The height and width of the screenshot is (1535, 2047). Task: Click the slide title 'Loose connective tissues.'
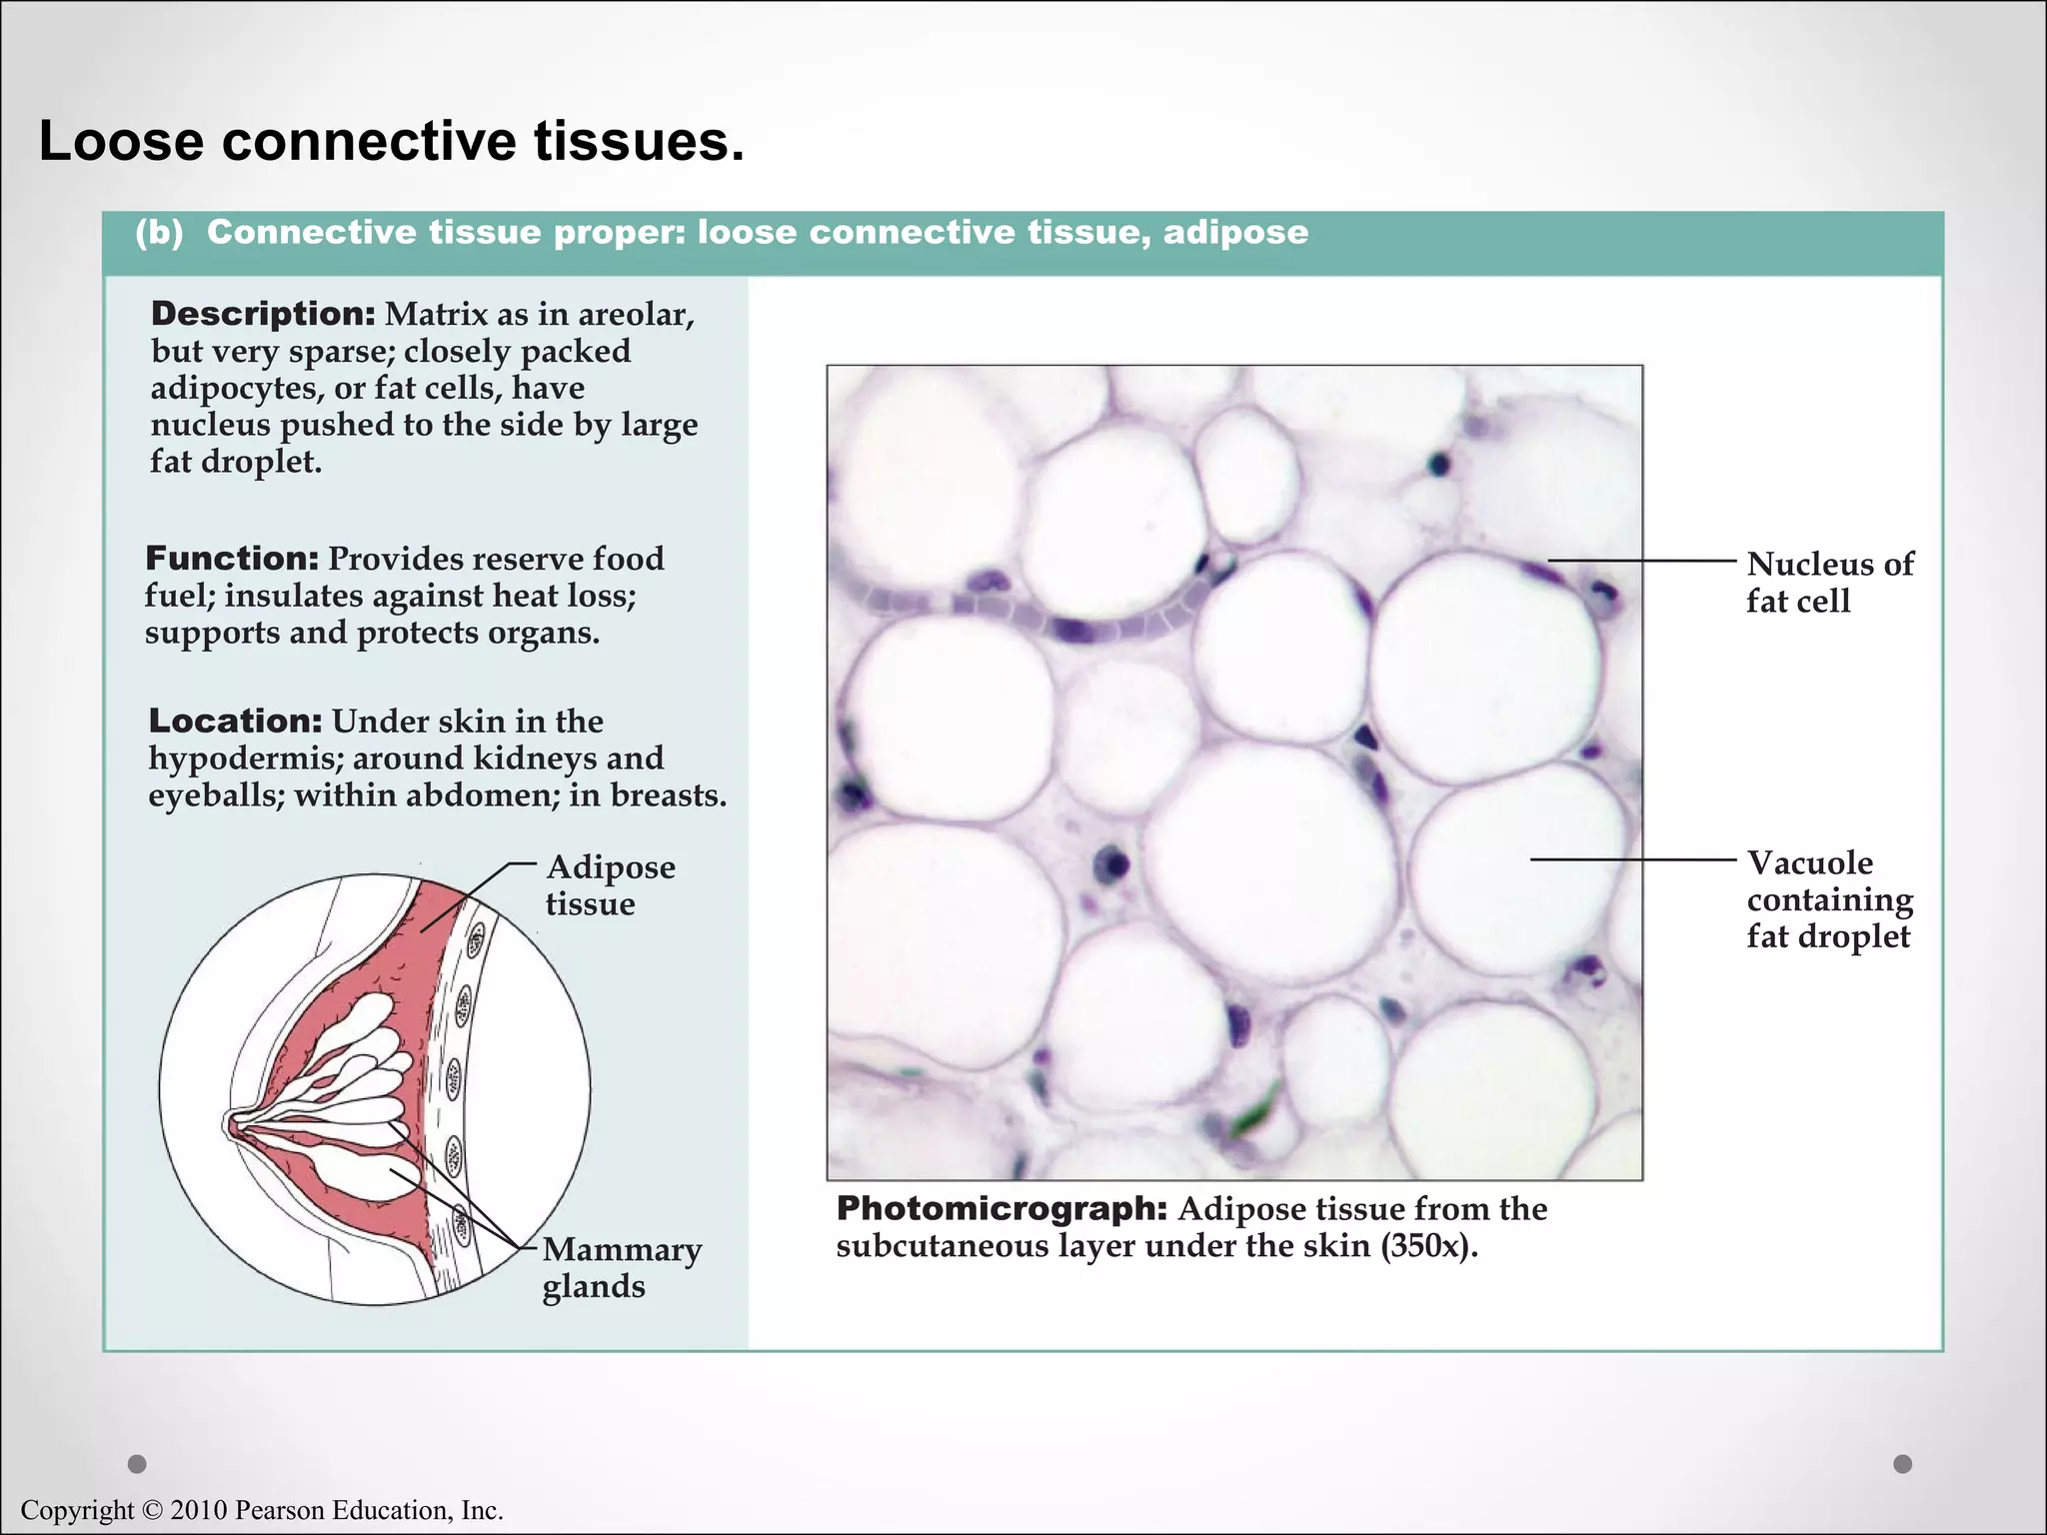pyautogui.click(x=392, y=141)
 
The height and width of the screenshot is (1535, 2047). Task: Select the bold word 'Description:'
pyautogui.click(x=263, y=314)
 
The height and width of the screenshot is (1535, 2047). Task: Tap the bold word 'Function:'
pyautogui.click(x=232, y=559)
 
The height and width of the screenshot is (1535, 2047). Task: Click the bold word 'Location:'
pyautogui.click(x=235, y=721)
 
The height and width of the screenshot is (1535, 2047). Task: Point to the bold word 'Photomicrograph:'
pyautogui.click(x=1002, y=1209)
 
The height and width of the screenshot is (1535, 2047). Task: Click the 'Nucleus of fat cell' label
pyautogui.click(x=1828, y=583)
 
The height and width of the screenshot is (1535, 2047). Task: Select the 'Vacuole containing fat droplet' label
pyautogui.click(x=1828, y=899)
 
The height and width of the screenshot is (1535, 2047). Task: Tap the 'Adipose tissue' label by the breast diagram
pyautogui.click(x=609, y=885)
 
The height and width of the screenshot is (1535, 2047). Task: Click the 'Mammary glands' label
pyautogui.click(x=621, y=1267)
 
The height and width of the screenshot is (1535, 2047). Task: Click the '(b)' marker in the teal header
pyautogui.click(x=160, y=233)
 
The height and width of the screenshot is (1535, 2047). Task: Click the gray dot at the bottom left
pyautogui.click(x=138, y=1464)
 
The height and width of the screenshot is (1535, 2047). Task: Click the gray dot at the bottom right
pyautogui.click(x=1902, y=1464)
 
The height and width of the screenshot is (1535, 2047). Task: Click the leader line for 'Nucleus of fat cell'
pyautogui.click(x=1639, y=561)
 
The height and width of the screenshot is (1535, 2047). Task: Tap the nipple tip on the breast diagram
pyautogui.click(x=228, y=1124)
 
